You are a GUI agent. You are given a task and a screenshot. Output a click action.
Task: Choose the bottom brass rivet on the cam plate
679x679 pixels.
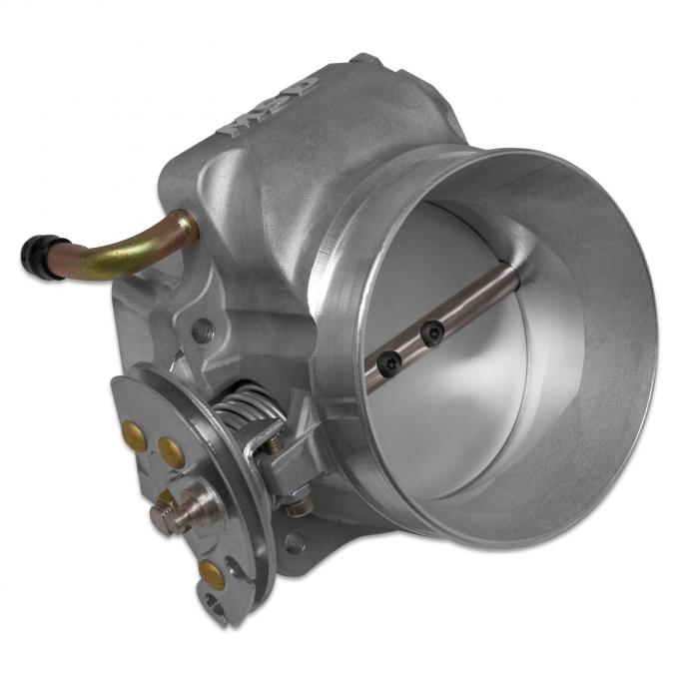[211, 572]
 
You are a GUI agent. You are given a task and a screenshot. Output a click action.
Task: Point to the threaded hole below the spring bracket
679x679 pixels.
[294, 540]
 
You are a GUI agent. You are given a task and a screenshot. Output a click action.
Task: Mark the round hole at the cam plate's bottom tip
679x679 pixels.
[215, 603]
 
